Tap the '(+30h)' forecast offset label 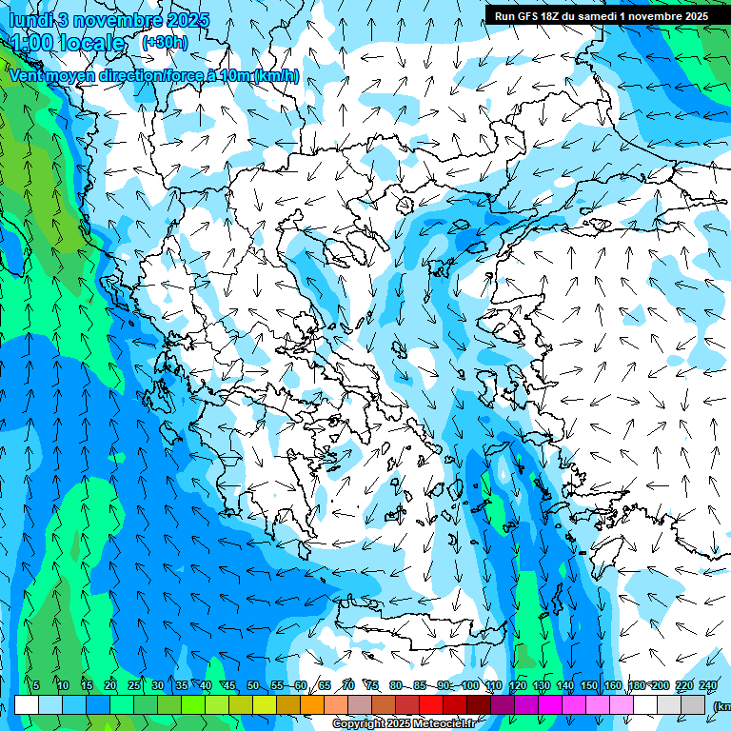tap(165, 42)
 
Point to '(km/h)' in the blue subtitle tap(277, 76)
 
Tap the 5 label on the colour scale tap(36, 686)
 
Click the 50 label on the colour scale tap(253, 686)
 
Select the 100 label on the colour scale tap(470, 686)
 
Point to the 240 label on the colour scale tap(708, 686)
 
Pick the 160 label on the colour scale tap(613, 686)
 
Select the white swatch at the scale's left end tap(27, 704)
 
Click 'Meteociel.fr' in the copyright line tap(444, 724)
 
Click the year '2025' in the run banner tap(691, 16)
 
